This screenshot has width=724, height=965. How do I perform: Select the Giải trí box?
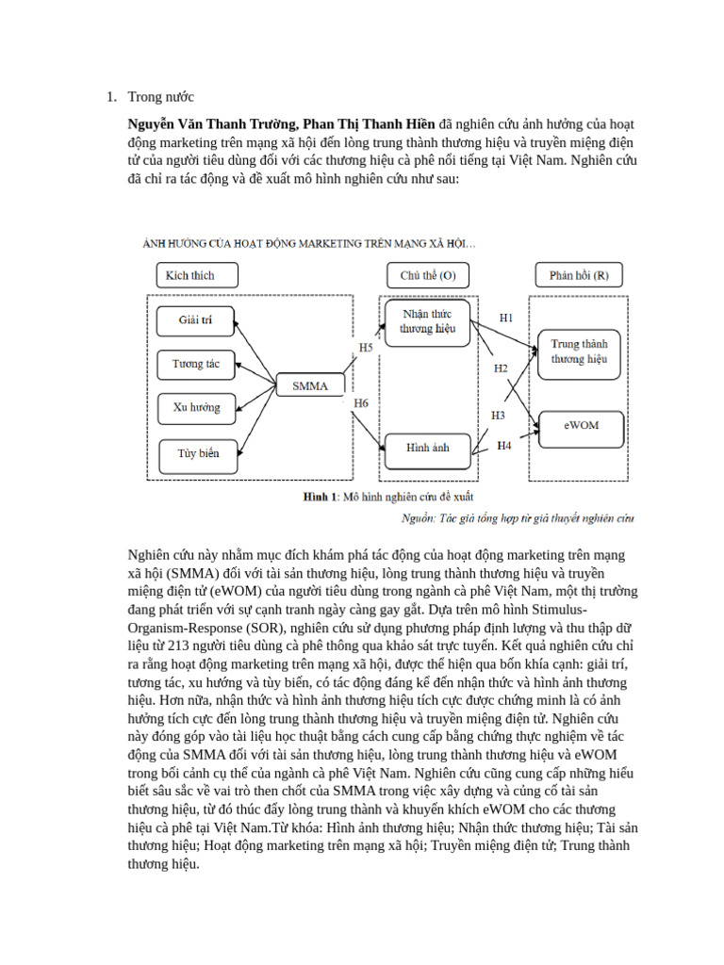click(195, 320)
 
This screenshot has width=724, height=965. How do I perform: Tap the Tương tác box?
click(195, 364)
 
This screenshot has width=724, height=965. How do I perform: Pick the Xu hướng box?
click(195, 408)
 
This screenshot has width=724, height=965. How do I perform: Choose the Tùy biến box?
click(197, 453)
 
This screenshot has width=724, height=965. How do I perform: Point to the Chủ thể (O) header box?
click(427, 275)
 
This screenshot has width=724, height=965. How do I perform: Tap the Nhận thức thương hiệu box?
click(427, 321)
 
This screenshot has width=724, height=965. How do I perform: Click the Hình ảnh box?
click(427, 449)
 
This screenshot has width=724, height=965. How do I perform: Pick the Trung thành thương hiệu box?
click(579, 352)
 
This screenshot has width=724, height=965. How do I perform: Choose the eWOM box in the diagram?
click(581, 425)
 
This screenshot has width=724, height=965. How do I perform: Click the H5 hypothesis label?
click(366, 348)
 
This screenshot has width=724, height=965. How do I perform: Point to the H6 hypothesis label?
click(361, 404)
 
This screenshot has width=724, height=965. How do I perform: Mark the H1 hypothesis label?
click(505, 318)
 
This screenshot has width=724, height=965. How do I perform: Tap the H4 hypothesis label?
click(504, 446)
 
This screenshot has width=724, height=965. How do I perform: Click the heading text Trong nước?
click(160, 96)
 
